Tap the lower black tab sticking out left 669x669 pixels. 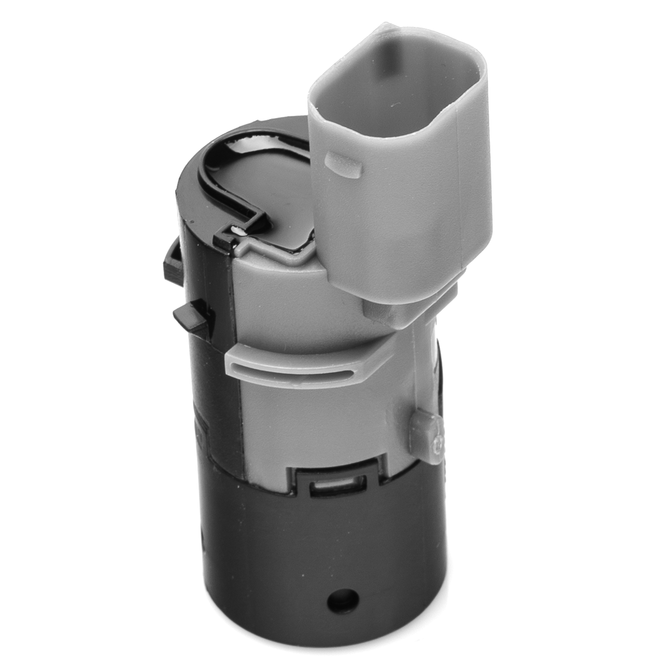190,316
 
